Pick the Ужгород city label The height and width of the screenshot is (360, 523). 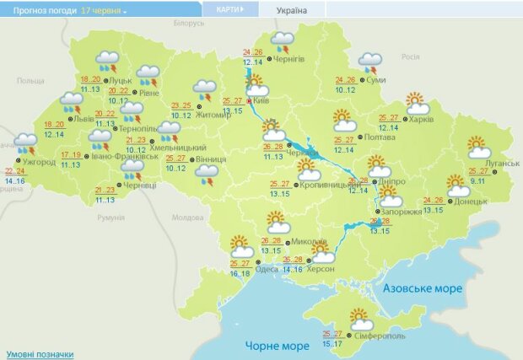(x=39, y=161)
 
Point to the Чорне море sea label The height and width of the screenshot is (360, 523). (x=278, y=346)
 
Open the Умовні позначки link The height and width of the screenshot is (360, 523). (x=40, y=354)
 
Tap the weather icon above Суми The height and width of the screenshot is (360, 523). (x=370, y=62)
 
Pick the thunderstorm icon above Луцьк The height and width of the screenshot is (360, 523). (x=108, y=61)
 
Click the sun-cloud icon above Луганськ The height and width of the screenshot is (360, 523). (x=479, y=147)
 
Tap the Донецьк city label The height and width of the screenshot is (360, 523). (x=471, y=201)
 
